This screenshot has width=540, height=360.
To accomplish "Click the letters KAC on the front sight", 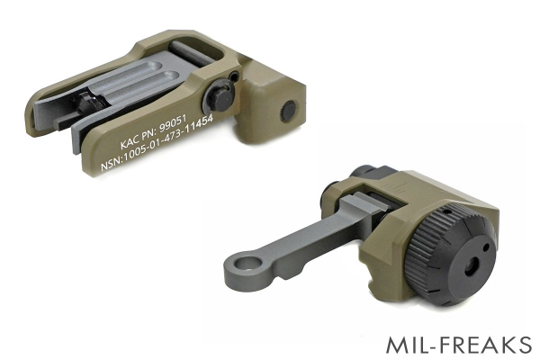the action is (x=130, y=142).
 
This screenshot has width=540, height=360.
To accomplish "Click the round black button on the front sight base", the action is (x=288, y=112).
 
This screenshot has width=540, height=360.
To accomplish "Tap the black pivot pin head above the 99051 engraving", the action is (x=220, y=96).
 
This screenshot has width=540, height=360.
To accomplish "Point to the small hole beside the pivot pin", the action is (x=234, y=75).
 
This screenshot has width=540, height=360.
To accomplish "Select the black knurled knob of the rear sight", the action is (x=449, y=253).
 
